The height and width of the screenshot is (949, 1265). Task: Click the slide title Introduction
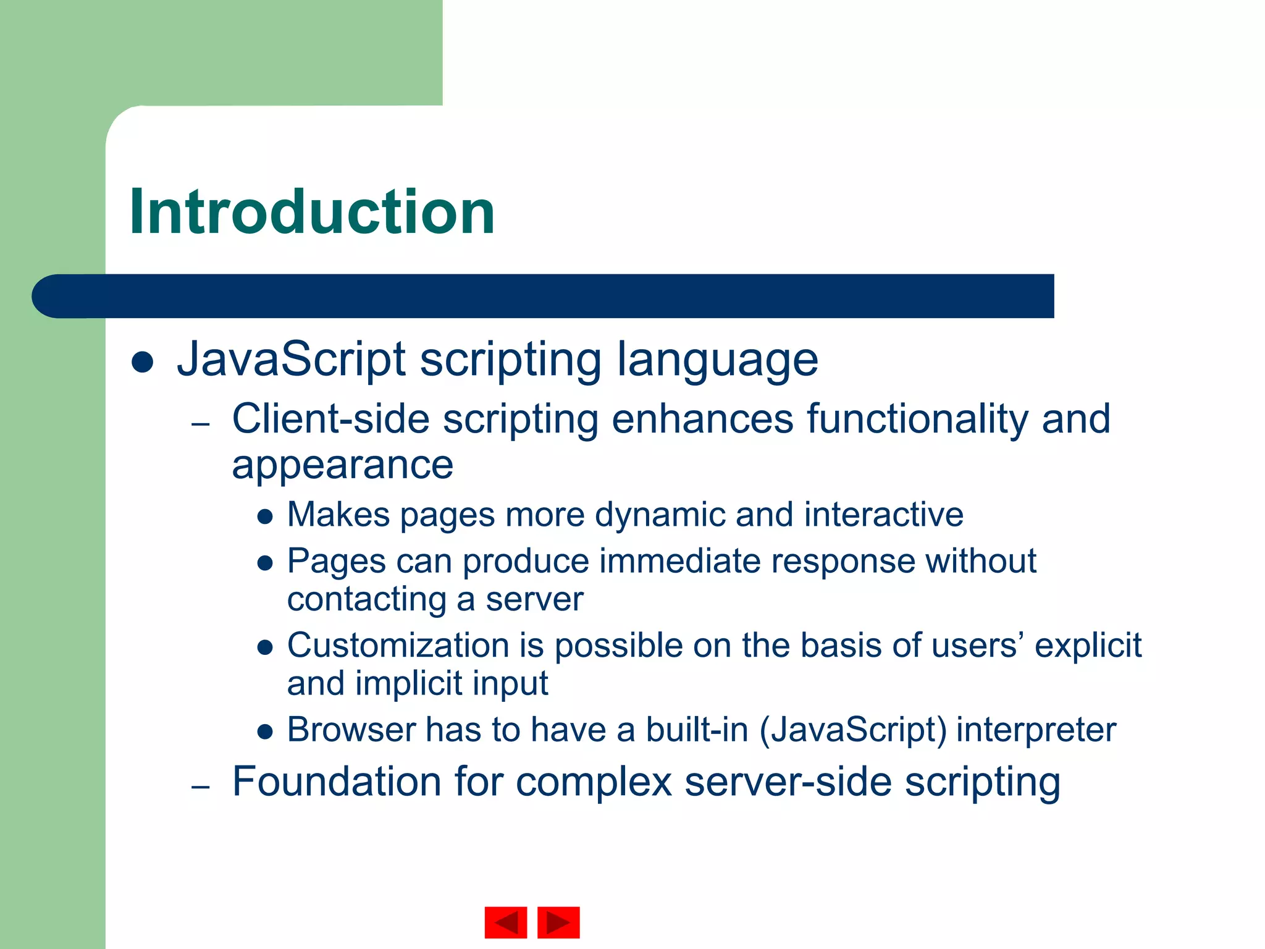(312, 212)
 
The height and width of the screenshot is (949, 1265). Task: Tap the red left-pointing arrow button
(505, 922)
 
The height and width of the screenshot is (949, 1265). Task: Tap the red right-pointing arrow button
(558, 922)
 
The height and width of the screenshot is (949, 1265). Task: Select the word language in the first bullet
(717, 360)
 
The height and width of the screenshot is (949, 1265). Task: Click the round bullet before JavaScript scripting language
(142, 362)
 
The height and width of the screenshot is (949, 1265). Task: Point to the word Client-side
(330, 419)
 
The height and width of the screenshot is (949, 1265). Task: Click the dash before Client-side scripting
(201, 424)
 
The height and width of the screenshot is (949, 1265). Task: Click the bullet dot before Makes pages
(265, 517)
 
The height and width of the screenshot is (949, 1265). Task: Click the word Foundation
(337, 782)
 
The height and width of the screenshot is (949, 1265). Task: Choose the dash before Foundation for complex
(201, 787)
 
